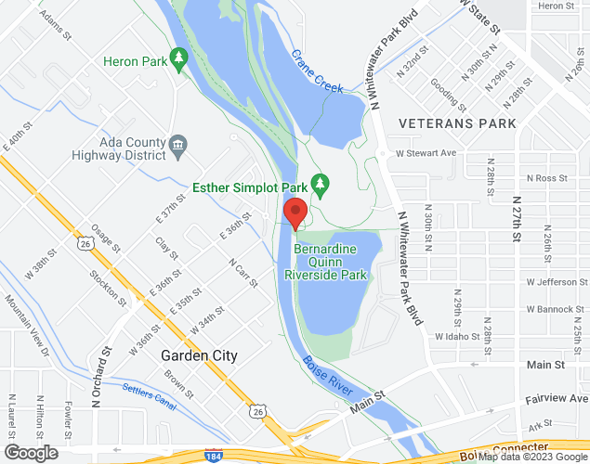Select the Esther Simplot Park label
pyautogui.click(x=249, y=187)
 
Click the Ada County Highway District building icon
pyautogui.click(x=177, y=145)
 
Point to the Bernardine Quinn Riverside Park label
pyautogui.click(x=331, y=263)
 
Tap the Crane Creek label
pyautogui.click(x=318, y=71)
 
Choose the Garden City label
pyautogui.click(x=199, y=355)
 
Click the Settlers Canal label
pyautogui.click(x=148, y=396)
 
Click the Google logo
pyautogui.click(x=30, y=453)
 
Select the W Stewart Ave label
pyautogui.click(x=426, y=153)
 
